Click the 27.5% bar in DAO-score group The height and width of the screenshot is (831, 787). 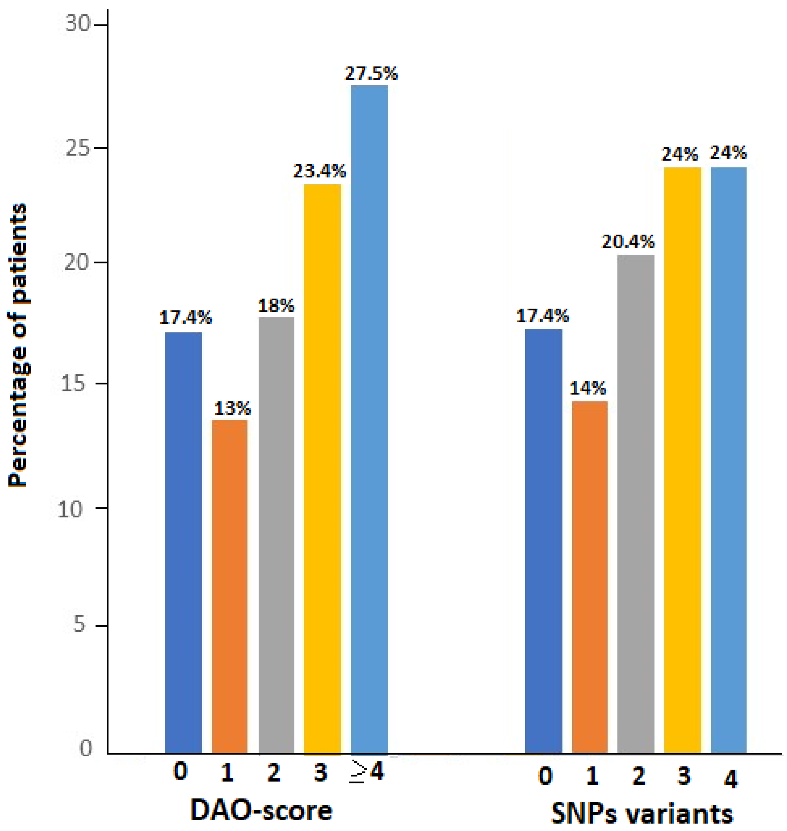pyautogui.click(x=369, y=420)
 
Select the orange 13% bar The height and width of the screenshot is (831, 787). pyautogui.click(x=230, y=588)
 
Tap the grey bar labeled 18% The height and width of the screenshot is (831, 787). pyautogui.click(x=277, y=537)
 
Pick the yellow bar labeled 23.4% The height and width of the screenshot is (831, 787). pyautogui.click(x=322, y=470)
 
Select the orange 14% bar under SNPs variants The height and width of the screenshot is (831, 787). pyautogui.click(x=590, y=579)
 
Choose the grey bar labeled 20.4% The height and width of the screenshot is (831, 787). pyautogui.click(x=636, y=504)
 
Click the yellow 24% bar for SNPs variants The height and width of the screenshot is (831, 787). pyautogui.click(x=682, y=462)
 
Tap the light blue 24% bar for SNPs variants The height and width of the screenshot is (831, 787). pyautogui.click(x=729, y=462)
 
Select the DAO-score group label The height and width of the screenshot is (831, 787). pyautogui.click(x=261, y=810)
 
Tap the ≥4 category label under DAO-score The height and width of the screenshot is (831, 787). pyautogui.click(x=367, y=771)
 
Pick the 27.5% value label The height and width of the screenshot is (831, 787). pyautogui.click(x=371, y=74)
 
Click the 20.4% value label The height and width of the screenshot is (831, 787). pyautogui.click(x=628, y=242)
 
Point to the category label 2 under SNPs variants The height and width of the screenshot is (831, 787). pyautogui.click(x=638, y=776)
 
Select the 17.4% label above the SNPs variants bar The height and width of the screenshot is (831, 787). pyautogui.click(x=542, y=316)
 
